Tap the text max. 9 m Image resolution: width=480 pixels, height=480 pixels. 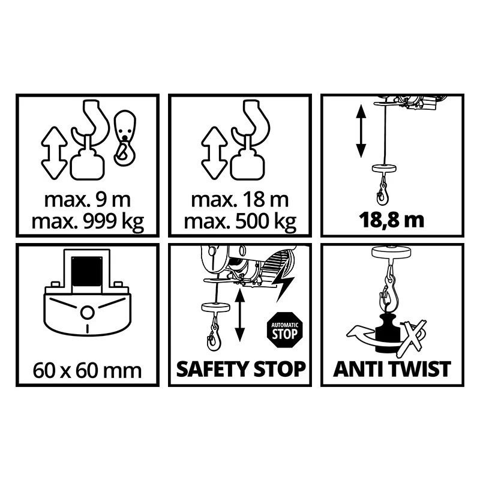coord(88,199)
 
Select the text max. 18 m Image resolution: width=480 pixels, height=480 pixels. coord(240,199)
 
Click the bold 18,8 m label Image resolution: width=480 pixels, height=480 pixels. coord(392,220)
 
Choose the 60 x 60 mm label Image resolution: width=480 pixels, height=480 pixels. coord(87,371)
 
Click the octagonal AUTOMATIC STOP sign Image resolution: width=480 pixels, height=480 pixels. coord(284,330)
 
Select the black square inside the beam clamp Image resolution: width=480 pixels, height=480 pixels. coord(86,271)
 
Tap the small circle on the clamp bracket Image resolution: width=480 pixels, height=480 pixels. coord(87,313)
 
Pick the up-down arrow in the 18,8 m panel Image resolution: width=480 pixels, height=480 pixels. coord(361,131)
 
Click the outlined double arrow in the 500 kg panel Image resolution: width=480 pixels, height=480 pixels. coord(214,153)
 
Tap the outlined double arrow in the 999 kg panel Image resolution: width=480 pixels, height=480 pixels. coord(54,153)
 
